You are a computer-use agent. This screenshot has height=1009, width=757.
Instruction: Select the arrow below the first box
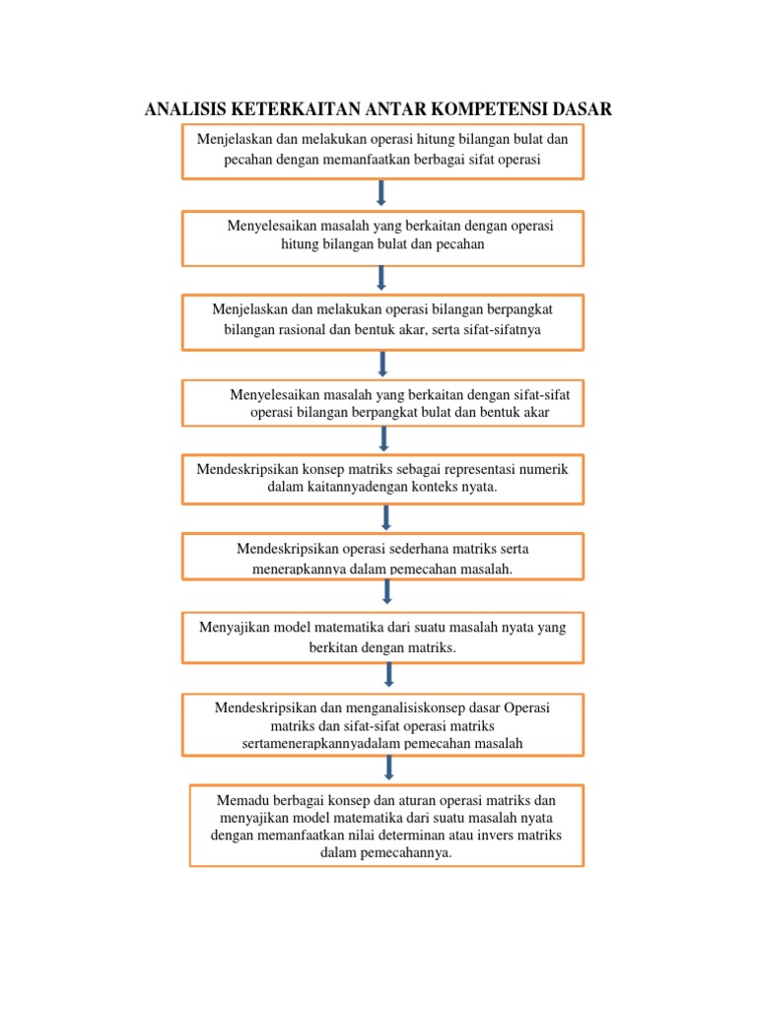pos(381,192)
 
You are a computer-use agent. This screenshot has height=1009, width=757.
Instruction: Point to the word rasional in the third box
pos(292,329)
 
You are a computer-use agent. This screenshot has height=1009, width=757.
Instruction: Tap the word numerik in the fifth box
pos(541,469)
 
